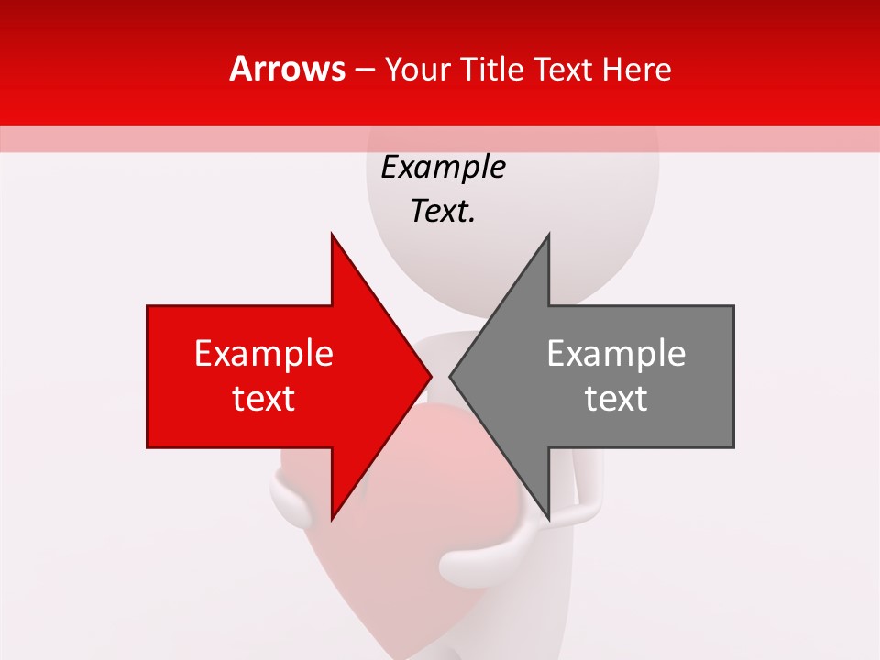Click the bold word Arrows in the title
click(x=287, y=69)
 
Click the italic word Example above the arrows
click(x=443, y=168)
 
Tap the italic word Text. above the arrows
click(x=443, y=212)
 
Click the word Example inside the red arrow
click(x=264, y=354)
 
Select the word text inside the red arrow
click(x=264, y=399)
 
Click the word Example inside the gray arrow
click(x=616, y=354)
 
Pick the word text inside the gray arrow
click(x=616, y=399)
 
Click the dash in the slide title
click(x=364, y=70)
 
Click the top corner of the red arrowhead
click(x=332, y=235)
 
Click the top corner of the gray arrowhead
click(x=548, y=235)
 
